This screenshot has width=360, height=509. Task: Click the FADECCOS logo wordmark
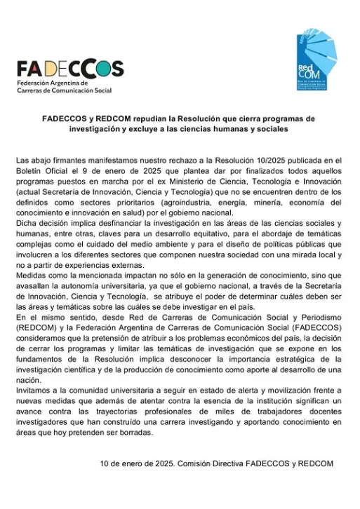pyautogui.click(x=70, y=69)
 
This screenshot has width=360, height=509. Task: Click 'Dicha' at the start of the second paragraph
pyautogui.click(x=27, y=224)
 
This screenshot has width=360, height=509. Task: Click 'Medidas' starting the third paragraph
pyautogui.click(x=33, y=276)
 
